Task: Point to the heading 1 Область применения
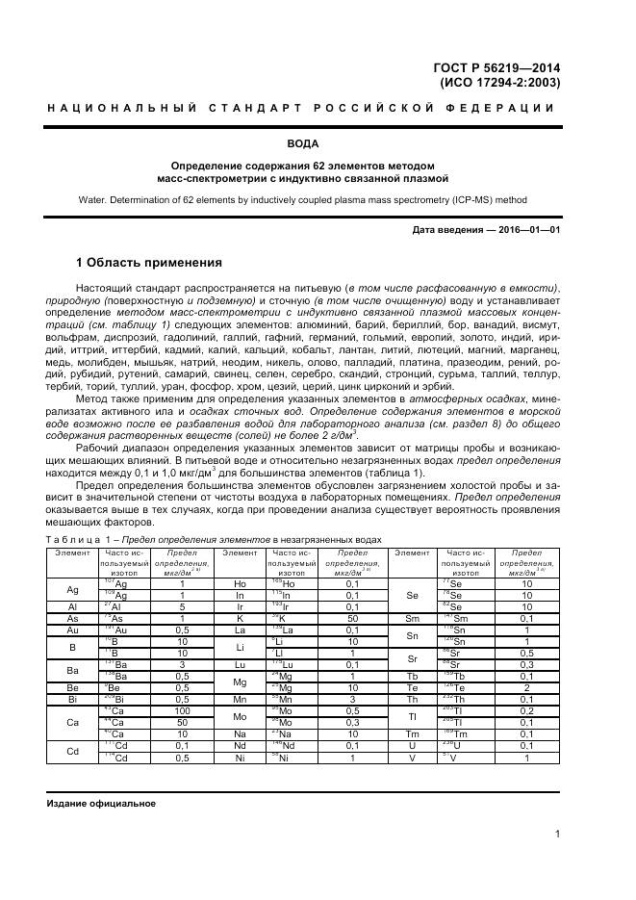coord(149,263)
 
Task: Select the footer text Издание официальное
coord(101,804)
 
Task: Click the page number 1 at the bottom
coord(557,834)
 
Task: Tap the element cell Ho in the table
coord(241,583)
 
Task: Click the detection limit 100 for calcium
coord(182,710)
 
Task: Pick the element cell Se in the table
coord(412,595)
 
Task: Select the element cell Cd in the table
coord(72,751)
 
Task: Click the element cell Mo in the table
coord(241,716)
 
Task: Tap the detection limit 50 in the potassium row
coord(351,618)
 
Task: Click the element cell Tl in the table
coord(412,716)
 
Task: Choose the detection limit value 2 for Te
coord(526,687)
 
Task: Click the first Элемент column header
coord(72,553)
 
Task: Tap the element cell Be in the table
coord(72,687)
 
